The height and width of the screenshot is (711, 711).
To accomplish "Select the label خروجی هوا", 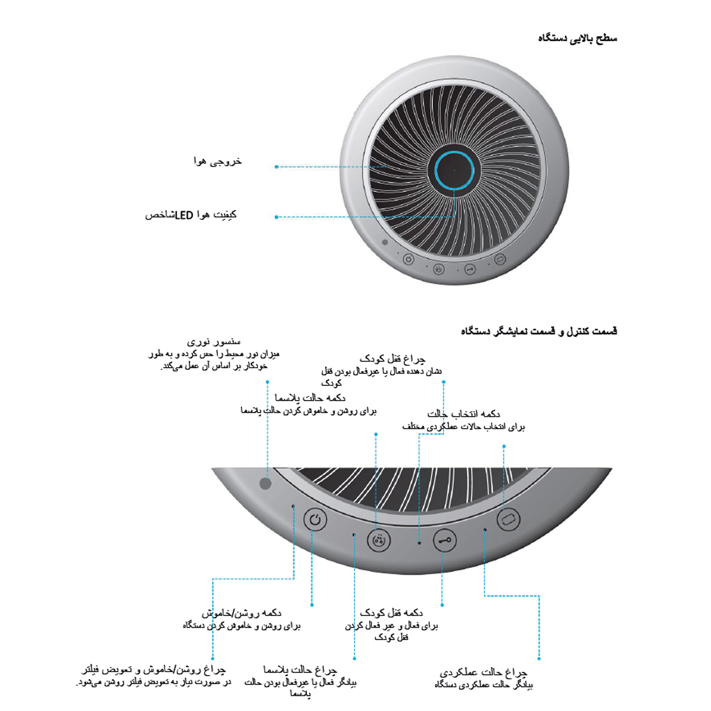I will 218,162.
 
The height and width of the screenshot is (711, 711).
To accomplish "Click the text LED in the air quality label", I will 184,215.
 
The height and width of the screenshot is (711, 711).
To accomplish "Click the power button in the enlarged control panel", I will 315,520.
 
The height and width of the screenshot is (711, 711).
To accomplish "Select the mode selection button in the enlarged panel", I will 508,519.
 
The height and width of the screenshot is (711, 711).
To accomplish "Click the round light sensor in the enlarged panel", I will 265,483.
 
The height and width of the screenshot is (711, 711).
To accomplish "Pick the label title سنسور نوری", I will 214,342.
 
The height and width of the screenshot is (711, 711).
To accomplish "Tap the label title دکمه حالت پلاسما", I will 310,398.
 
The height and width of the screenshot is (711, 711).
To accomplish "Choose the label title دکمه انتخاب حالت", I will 463,414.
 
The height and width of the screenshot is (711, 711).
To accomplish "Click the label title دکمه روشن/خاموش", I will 241,613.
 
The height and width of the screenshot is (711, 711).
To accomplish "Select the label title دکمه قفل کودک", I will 391,613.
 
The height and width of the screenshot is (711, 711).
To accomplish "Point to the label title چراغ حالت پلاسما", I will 300,670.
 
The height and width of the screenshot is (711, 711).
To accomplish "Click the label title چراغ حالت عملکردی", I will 483,673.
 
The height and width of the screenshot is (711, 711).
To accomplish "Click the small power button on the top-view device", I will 408,259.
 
